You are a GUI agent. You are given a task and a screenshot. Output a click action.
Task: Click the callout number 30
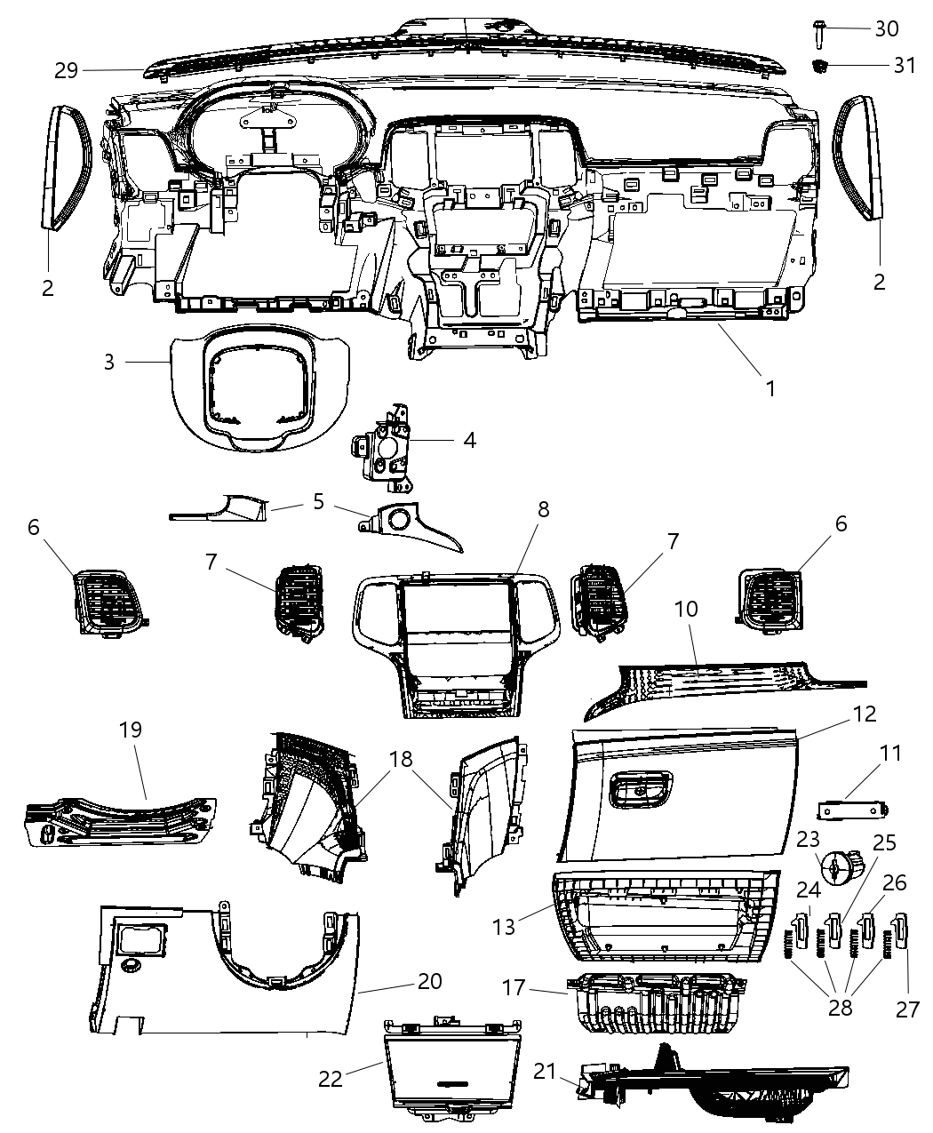pyautogui.click(x=886, y=28)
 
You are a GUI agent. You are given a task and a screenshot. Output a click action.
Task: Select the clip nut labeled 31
pyautogui.click(x=822, y=65)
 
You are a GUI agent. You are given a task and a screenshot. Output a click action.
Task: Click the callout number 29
pyautogui.click(x=67, y=70)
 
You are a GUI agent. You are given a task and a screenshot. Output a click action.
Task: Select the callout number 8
pyautogui.click(x=543, y=510)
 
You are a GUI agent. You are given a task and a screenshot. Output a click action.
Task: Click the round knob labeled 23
pyautogui.click(x=838, y=868)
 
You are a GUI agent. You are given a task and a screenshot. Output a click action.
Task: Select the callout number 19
pyautogui.click(x=131, y=730)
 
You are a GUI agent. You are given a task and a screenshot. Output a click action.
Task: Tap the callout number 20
pyautogui.click(x=429, y=982)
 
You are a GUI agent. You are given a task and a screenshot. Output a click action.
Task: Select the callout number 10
pyautogui.click(x=686, y=610)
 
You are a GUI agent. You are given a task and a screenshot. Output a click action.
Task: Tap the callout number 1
pyautogui.click(x=770, y=388)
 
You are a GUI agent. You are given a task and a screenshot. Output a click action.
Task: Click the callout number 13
pyautogui.click(x=504, y=927)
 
